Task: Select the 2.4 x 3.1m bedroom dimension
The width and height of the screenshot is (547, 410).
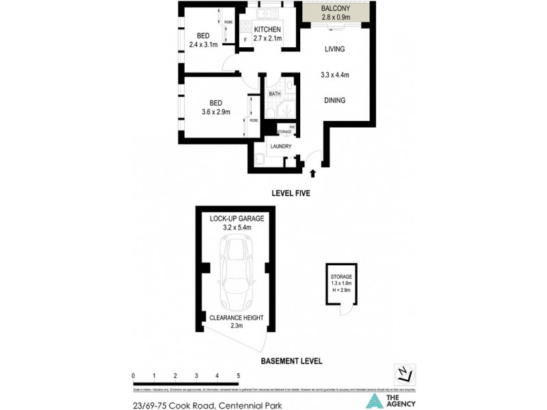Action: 203,45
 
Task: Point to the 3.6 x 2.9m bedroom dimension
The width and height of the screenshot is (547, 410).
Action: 215,113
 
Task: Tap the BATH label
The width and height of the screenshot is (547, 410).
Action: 275,94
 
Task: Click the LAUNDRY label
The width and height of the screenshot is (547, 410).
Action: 281,146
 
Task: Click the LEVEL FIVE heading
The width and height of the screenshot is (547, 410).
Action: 290,193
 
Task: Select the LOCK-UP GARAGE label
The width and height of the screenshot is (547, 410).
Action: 237,218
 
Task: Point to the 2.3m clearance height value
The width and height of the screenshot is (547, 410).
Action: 237,326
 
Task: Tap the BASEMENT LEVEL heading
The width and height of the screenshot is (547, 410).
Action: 292,361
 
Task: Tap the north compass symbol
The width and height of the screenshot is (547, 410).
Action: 403,372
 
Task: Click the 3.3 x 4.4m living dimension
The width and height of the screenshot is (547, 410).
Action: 335,75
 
